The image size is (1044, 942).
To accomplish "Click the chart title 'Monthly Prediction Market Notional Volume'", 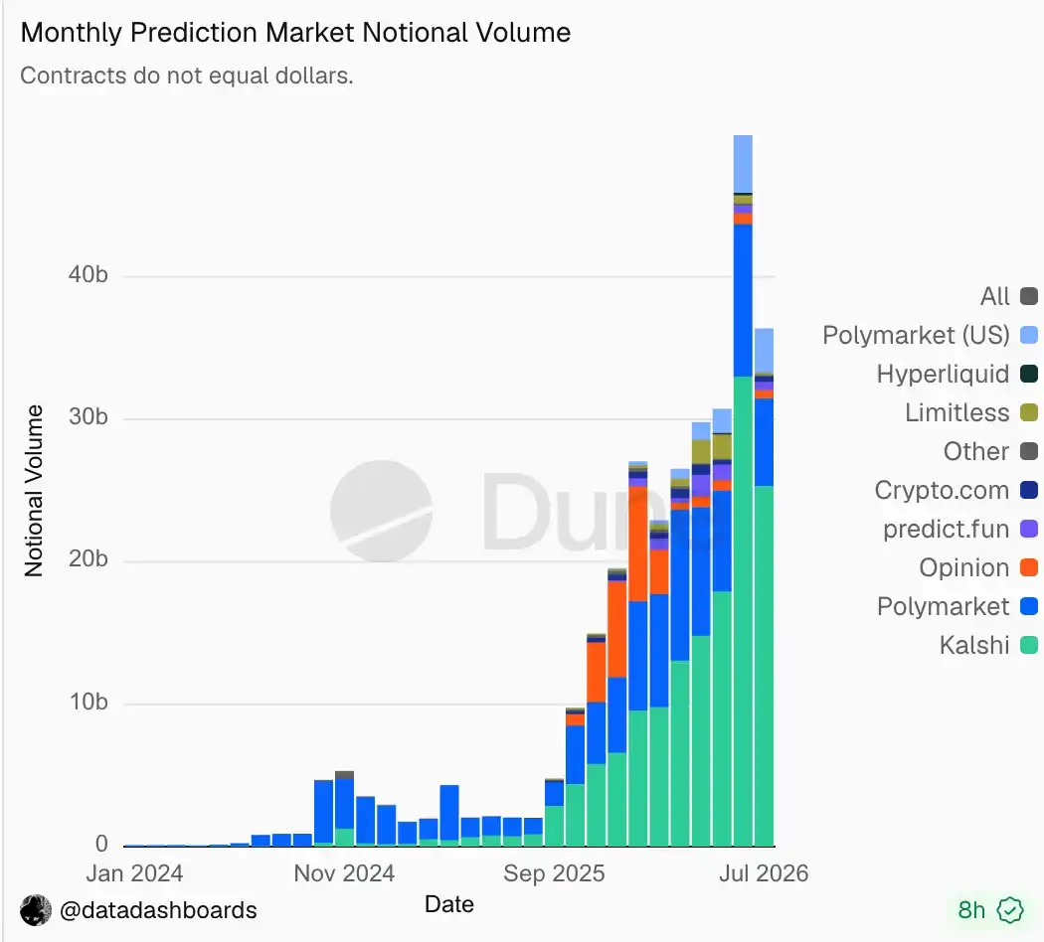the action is [x=295, y=33].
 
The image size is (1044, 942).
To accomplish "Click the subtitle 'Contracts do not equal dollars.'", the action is [x=187, y=76].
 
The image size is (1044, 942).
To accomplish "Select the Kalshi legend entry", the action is [x=988, y=645].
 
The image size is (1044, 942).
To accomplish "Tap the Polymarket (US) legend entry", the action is [x=930, y=335].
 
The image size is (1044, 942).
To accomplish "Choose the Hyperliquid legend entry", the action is [x=957, y=374].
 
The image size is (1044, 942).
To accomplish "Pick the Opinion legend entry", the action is [x=978, y=567].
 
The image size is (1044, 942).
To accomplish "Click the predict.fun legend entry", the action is [x=960, y=529].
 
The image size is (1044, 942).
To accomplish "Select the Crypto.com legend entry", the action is [x=957, y=490].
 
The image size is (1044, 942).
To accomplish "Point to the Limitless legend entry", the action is [x=971, y=412].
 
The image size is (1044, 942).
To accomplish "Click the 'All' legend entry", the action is [x=1009, y=296].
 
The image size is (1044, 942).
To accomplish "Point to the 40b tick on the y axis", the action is [x=87, y=274].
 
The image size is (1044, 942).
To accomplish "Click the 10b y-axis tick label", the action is [x=88, y=702].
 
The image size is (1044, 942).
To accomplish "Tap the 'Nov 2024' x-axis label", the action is [x=344, y=872].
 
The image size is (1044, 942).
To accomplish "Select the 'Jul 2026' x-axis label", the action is [x=764, y=872].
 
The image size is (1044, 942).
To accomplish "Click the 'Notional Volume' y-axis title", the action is [x=34, y=490].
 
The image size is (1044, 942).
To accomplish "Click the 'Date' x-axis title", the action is [x=449, y=904].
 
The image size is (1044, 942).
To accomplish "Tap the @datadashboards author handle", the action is [x=158, y=910].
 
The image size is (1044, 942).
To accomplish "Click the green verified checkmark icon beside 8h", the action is [x=1010, y=910].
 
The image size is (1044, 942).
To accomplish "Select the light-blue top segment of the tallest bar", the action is [x=743, y=164].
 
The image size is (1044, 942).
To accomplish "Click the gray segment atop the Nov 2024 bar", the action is [x=344, y=775].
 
